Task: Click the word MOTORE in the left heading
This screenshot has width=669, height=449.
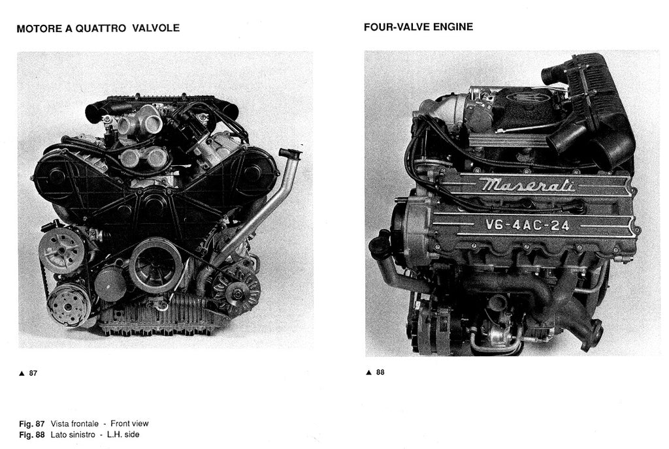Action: (x=37, y=29)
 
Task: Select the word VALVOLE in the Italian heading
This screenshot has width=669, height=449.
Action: (x=155, y=29)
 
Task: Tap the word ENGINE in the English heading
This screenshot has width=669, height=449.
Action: (x=453, y=27)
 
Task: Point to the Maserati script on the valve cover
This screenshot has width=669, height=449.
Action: (x=527, y=185)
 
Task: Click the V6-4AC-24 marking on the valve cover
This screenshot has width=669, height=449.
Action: (x=527, y=226)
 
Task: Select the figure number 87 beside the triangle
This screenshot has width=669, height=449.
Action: (x=33, y=374)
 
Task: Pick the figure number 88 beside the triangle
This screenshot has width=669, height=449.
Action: (x=380, y=373)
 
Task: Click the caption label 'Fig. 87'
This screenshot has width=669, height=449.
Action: (x=32, y=424)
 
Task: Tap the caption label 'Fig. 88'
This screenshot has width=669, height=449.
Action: (x=32, y=435)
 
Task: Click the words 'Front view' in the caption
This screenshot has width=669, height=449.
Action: (x=129, y=424)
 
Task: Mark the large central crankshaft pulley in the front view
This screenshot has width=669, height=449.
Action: (x=155, y=264)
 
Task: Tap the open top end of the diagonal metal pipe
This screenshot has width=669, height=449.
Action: (x=289, y=153)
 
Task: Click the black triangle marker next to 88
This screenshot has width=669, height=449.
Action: (x=368, y=373)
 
